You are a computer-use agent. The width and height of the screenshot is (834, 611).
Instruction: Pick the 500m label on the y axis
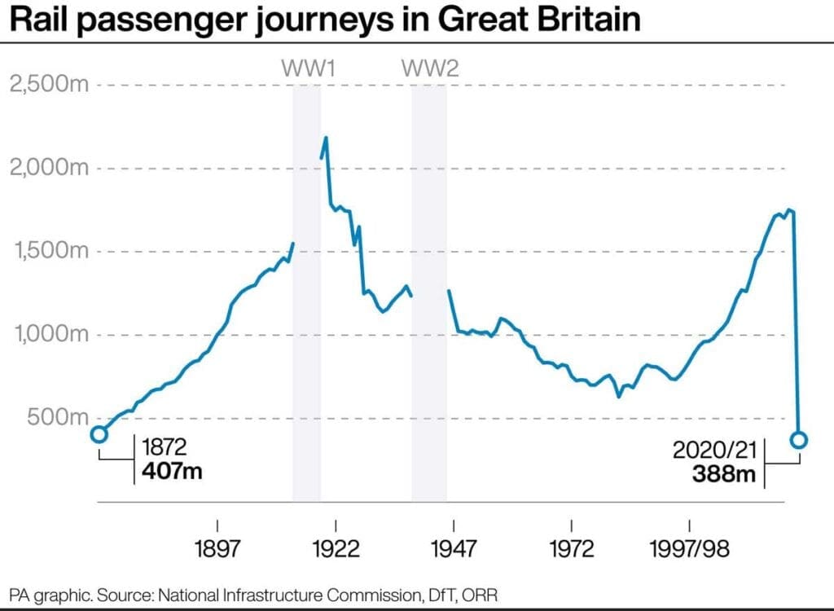pyautogui.click(x=56, y=417)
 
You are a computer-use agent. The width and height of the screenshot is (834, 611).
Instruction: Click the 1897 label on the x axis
pyautogui.click(x=217, y=549)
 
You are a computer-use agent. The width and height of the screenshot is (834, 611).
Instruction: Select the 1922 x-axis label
pyautogui.click(x=336, y=549)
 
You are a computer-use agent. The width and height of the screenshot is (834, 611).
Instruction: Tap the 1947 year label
pyautogui.click(x=454, y=549)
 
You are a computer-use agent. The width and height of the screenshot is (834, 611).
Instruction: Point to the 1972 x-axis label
pyautogui.click(x=572, y=549)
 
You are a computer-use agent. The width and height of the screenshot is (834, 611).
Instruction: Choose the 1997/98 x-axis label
pyautogui.click(x=690, y=549)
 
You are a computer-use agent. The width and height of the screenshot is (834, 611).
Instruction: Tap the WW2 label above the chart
pyautogui.click(x=430, y=68)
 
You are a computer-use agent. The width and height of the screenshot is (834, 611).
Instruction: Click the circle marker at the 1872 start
pyautogui.click(x=99, y=434)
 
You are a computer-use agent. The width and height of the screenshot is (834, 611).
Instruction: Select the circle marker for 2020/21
pyautogui.click(x=798, y=440)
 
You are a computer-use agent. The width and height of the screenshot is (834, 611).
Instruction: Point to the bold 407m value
pyautogui.click(x=171, y=470)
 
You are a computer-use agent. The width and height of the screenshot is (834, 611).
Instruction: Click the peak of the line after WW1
pyautogui.click(x=326, y=138)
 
